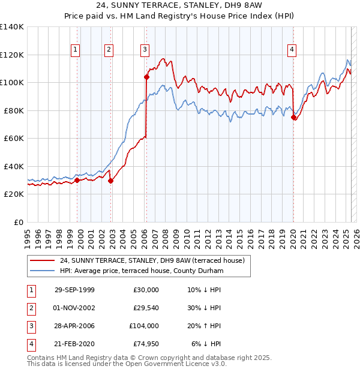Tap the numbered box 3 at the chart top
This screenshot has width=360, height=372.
coord(145,50)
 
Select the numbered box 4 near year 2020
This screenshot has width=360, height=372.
coord(292,50)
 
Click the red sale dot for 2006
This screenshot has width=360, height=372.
coord(146,77)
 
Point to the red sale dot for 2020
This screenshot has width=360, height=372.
coord(293,118)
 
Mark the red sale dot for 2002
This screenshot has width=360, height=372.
coord(110,181)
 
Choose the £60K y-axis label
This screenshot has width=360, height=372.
coord(13,138)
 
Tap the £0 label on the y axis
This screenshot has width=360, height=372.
coord(18,222)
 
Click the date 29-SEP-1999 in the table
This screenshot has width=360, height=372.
coord(74,290)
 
